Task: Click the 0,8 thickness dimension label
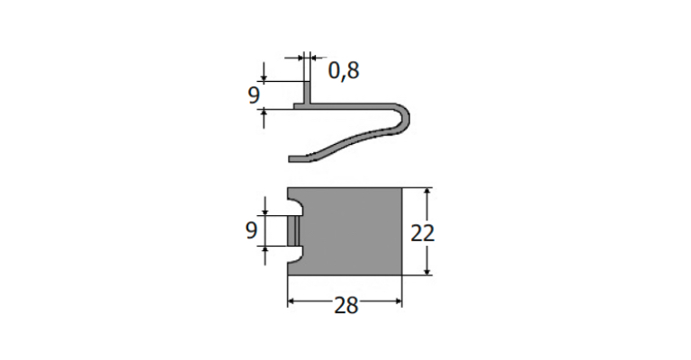pos(344,70)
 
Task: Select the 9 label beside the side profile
pos(254,95)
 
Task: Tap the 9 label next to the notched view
pos(251,230)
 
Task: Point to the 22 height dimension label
pos(423,233)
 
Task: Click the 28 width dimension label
pos(345,305)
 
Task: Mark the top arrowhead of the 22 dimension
pos(427,191)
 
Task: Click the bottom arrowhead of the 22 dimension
pos(427,272)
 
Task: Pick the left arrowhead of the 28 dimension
pos(292,301)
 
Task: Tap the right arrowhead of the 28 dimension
pos(399,301)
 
